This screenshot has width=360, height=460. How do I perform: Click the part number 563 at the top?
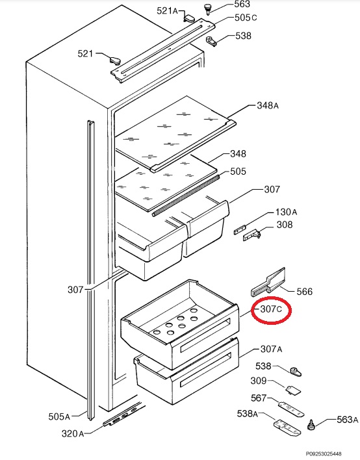(x=242, y=4)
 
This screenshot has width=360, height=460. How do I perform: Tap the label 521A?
(x=167, y=11)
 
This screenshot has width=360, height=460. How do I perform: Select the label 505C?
(x=246, y=18)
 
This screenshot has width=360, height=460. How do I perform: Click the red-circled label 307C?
(x=271, y=309)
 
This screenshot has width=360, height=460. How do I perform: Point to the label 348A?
(x=268, y=105)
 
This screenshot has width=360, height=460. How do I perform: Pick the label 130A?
(x=286, y=212)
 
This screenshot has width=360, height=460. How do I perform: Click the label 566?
(x=305, y=292)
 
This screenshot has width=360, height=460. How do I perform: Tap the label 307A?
(x=271, y=349)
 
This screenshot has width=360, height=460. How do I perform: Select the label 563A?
(x=348, y=420)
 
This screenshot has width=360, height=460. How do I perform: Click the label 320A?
(x=73, y=433)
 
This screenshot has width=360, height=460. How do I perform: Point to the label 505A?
(x=59, y=416)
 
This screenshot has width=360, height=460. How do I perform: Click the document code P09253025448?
(x=324, y=454)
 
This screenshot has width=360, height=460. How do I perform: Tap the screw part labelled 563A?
(x=311, y=424)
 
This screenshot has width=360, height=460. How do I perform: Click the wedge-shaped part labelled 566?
(x=268, y=282)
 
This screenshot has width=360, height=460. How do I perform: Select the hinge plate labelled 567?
(x=290, y=409)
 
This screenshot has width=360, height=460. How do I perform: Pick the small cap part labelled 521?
(x=115, y=60)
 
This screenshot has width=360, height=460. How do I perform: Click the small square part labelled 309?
(x=293, y=390)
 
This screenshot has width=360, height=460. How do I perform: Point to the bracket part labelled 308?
(x=251, y=235)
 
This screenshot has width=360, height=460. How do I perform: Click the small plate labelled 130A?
(x=240, y=229)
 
